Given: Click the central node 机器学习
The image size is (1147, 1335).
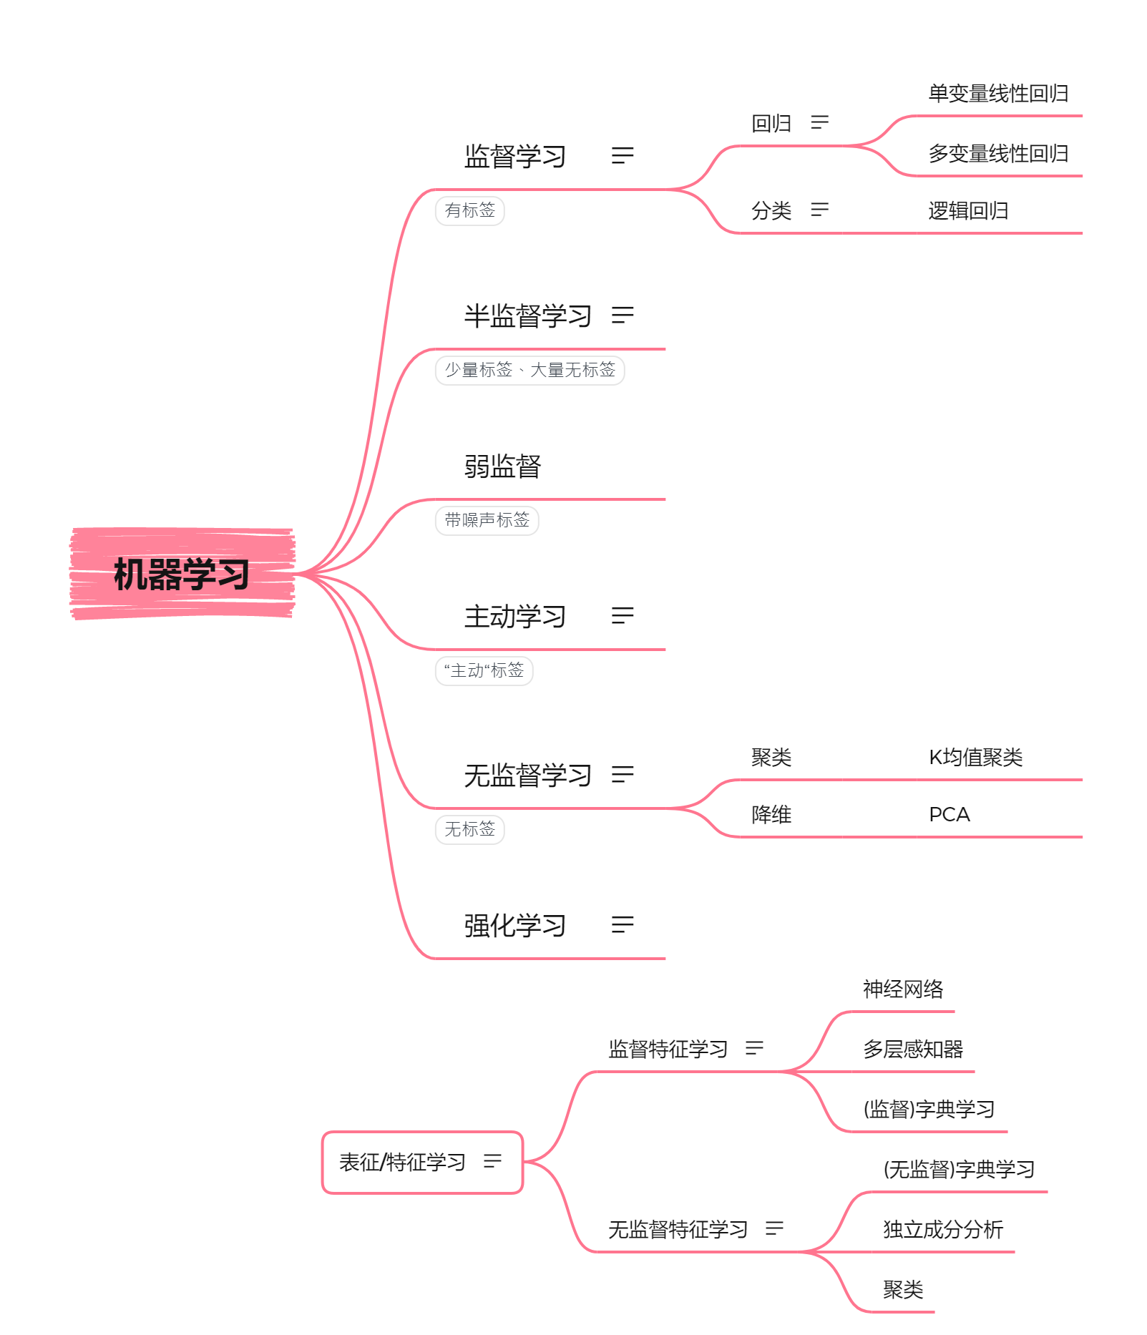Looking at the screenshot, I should point(182,574).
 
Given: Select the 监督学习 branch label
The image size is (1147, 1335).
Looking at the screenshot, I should point(514,156).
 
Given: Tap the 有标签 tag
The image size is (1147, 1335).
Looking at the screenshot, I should point(470,210).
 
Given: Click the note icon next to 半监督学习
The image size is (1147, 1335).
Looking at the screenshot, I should point(623,315).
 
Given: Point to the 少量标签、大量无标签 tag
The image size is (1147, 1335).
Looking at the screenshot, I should point(529,370).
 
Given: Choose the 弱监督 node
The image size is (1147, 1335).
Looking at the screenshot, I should point(502,466).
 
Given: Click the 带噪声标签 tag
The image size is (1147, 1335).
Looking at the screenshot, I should point(487,520).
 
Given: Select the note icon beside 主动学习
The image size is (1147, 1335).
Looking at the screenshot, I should point(623,615).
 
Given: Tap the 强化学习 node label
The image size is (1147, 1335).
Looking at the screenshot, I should point(514,925).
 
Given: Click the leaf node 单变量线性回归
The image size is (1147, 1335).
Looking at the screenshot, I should point(998,93).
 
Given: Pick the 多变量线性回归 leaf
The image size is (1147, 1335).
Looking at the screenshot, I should point(998,153).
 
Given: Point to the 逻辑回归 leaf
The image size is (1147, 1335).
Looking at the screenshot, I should point(968,210).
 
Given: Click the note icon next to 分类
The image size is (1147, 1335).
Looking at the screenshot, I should point(820,210).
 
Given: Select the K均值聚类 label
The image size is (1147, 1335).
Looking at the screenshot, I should point(975,757).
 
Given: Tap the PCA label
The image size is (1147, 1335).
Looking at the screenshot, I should point(949,814).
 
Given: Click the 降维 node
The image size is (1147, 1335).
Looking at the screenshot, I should point(771,814).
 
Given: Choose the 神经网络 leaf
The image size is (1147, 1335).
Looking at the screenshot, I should point(903,989).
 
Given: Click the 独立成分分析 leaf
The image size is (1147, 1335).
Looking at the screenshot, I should point(943,1229).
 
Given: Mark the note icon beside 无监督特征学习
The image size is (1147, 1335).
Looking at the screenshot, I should point(774,1228).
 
